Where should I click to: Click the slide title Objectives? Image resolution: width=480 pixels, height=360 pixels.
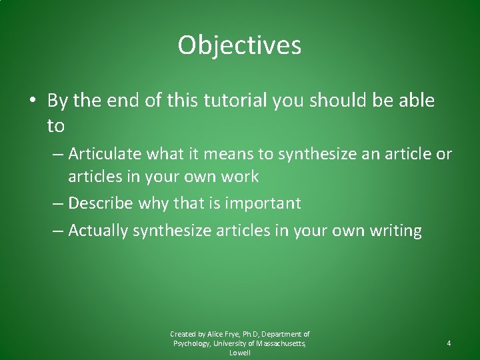tap(239, 46)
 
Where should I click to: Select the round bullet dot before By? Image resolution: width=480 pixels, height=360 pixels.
tap(32, 101)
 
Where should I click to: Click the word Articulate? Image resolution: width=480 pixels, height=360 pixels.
tap(105, 154)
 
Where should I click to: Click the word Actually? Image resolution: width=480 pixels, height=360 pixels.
tap(98, 231)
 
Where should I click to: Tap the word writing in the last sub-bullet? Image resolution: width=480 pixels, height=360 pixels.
tap(393, 231)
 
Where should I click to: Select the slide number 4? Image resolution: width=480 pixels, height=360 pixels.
tap(449, 343)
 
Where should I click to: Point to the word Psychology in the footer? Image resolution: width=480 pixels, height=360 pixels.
tap(191, 343)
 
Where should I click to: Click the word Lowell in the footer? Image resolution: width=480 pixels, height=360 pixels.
tap(240, 353)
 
